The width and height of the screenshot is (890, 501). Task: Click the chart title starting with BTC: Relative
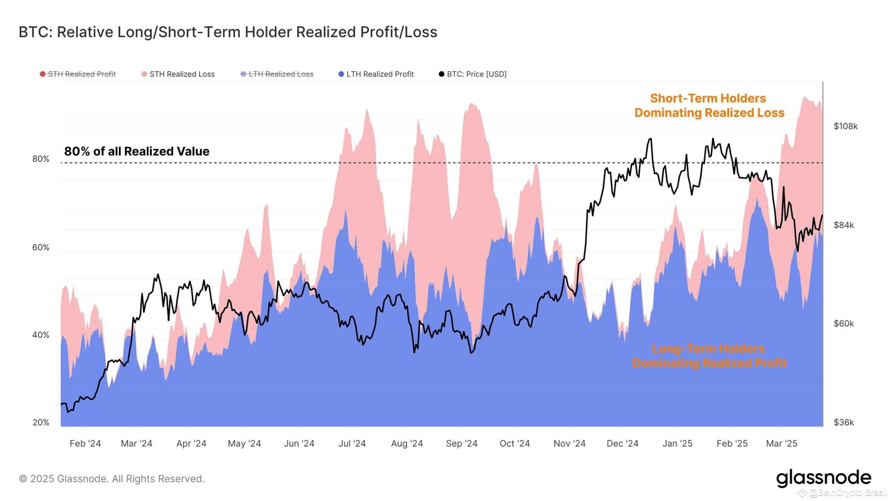pos(228,32)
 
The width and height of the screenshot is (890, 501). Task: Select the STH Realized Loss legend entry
pos(178,74)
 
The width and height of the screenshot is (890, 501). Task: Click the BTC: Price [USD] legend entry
pos(473,74)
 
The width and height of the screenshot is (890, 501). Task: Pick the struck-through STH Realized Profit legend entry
pos(78,74)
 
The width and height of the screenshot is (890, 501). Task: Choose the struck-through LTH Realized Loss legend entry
pos(277,74)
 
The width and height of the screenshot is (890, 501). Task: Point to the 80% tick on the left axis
pos(41,159)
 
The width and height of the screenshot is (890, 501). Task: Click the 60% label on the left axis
pos(41,247)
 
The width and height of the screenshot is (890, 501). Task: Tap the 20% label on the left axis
pos(41,422)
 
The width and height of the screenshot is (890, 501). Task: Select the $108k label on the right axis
pos(845,126)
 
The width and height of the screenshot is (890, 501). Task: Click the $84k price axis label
pos(844,225)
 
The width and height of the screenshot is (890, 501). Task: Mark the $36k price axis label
pos(844,422)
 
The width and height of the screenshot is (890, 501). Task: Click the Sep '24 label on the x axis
pos(462,444)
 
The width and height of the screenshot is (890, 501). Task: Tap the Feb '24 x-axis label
pos(85,444)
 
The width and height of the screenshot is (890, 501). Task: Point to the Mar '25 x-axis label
pos(781,444)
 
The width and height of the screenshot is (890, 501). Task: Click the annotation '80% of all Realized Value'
pos(137,151)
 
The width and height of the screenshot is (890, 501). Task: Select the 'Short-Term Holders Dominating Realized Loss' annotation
pos(709,105)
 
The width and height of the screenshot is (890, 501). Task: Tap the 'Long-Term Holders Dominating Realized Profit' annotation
pos(709,356)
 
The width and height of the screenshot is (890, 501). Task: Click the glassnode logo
pos(824,478)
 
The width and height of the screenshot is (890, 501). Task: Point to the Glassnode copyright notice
pos(112,479)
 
